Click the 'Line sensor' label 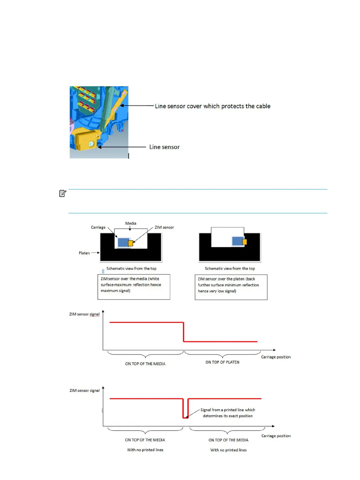pos(164,147)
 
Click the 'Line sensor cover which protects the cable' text pos(213,106)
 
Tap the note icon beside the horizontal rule pos(62,193)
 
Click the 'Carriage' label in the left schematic pos(98,227)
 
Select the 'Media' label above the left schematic pos(131,223)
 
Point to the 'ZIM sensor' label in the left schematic pos(164,227)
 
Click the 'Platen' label pos(84,253)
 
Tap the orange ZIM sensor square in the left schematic pos(130,243)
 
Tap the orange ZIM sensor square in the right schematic pos(245,242)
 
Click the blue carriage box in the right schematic pos(237,241)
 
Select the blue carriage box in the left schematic pos(123,242)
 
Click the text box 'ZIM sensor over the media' pos(134,287)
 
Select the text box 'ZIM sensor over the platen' pos(231,287)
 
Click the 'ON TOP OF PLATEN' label pos(222,362)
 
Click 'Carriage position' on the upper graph pos(276,357)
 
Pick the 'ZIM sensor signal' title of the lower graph pos(84,391)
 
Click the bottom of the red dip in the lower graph pos(185,418)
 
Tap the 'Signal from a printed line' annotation pos(228,413)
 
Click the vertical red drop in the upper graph pos(183,332)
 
